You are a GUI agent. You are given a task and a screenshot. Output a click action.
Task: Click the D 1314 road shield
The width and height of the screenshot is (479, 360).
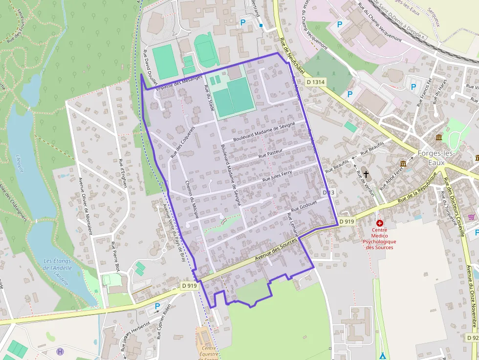[316, 83]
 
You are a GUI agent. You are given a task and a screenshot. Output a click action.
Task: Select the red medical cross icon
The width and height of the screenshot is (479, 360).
[380, 223]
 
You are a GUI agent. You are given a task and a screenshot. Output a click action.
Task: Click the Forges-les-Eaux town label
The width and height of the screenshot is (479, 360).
[436, 158]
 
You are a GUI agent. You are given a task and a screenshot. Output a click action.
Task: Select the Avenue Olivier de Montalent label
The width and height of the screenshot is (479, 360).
[85, 206]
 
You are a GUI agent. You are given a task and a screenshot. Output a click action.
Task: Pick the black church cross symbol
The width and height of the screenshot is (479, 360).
[366, 173]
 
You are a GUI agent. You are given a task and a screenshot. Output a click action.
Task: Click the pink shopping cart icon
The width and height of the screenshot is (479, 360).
[471, 217]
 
